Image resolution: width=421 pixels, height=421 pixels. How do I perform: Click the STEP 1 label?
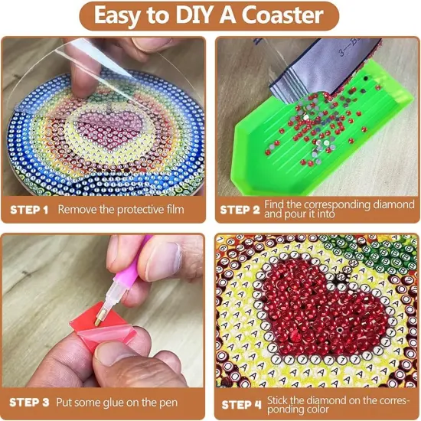pos(28,208)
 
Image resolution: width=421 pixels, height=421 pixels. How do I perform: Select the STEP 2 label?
pos(240,208)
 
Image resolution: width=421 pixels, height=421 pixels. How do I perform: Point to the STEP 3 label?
pos(28,401)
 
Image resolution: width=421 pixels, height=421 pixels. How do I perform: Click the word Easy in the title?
pos(122,15)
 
